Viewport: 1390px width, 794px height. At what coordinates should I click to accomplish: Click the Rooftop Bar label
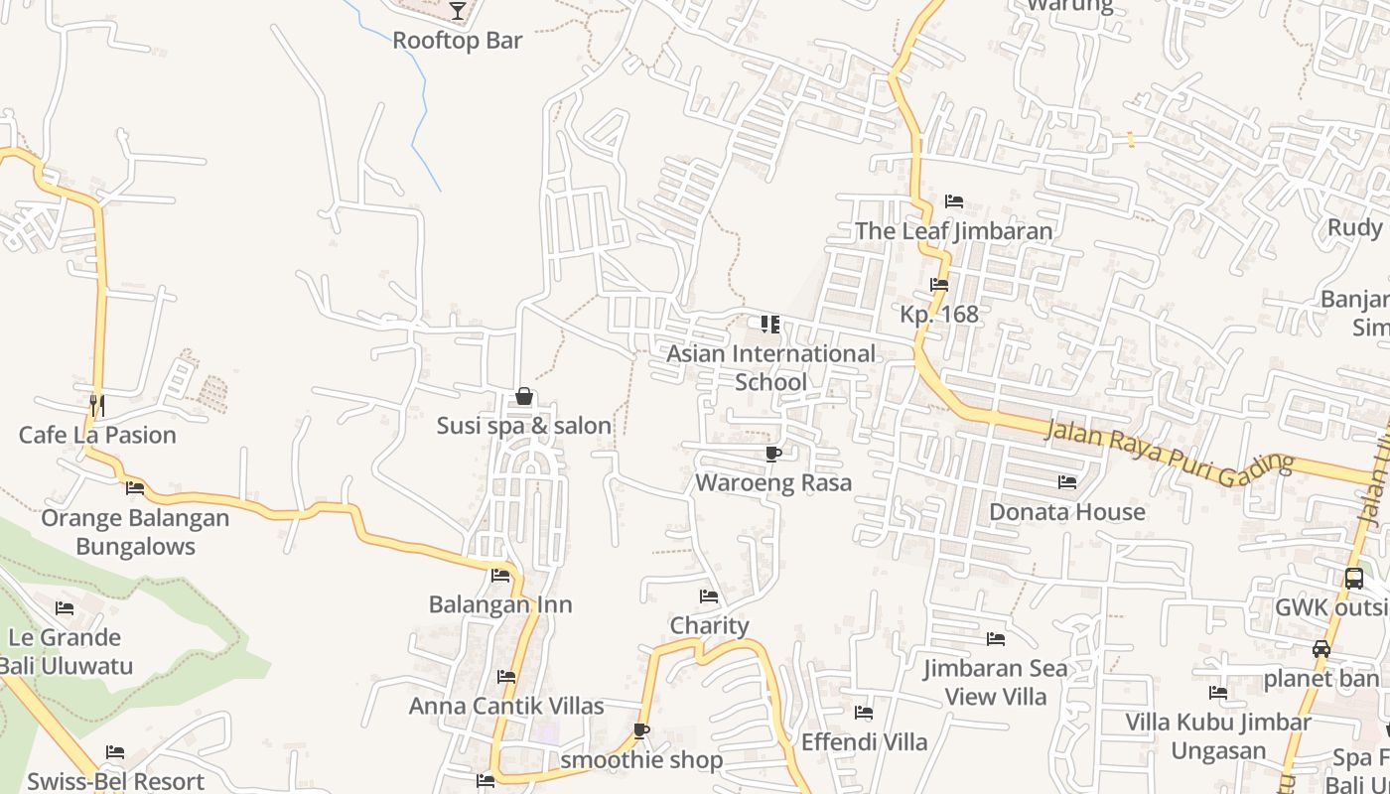coord(457,41)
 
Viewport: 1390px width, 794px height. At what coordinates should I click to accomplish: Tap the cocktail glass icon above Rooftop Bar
coord(457,11)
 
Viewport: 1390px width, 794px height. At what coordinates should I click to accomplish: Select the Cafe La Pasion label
coord(97,435)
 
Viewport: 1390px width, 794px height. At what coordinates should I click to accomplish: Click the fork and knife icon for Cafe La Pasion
coord(97,405)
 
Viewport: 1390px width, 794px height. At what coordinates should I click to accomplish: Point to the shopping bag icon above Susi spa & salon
coord(524,396)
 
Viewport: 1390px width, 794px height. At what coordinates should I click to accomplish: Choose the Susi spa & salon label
coord(524,426)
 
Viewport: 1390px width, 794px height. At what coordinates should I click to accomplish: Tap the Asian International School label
coord(770,367)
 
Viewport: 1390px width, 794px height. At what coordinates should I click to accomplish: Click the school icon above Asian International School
coord(770,325)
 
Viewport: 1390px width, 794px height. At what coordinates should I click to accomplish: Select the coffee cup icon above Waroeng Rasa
coord(772,454)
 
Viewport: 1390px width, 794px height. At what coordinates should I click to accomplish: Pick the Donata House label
coord(1067,512)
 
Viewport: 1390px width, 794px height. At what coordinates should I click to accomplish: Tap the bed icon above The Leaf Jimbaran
coord(954,201)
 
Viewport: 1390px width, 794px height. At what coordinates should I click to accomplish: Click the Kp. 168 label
coord(939,315)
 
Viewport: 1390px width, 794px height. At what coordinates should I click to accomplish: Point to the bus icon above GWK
coord(1354,579)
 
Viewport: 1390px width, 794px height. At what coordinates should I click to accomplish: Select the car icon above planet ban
coord(1320,650)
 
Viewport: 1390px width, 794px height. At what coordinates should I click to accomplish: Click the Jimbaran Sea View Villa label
coord(995,683)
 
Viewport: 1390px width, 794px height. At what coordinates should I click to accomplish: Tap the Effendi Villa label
coord(864,741)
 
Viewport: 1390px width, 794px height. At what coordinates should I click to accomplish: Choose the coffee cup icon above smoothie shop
coord(641,731)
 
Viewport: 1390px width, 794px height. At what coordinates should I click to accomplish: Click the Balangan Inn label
coord(500,604)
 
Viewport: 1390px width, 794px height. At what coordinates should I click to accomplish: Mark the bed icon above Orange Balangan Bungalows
coord(135,488)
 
